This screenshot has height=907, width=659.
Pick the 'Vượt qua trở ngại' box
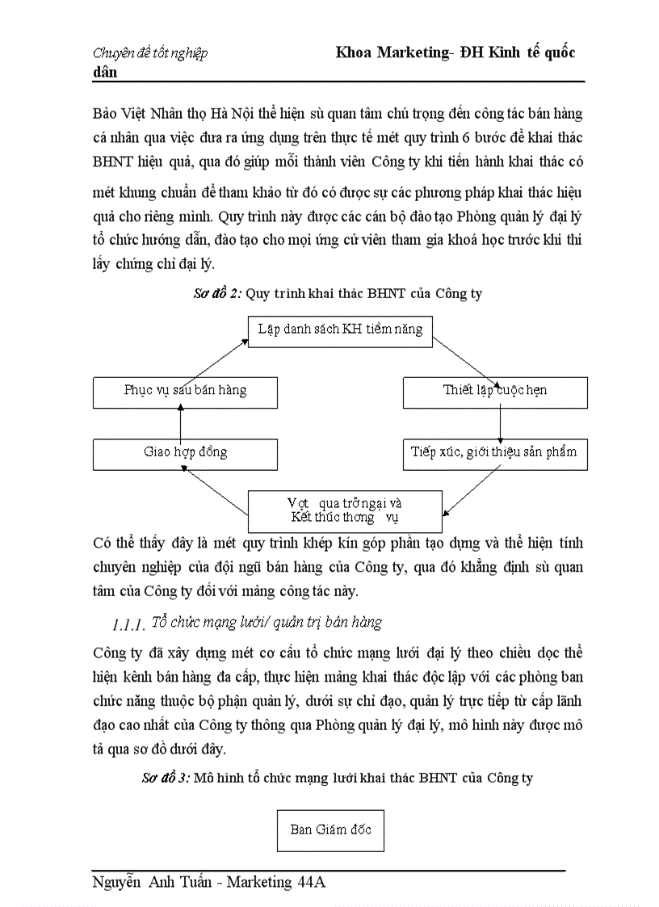coord(344,510)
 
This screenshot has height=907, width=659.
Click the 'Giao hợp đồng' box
coord(185,452)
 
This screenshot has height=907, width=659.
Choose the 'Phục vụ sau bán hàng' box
coord(185,391)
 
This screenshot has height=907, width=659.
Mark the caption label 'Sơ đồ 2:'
coord(218,294)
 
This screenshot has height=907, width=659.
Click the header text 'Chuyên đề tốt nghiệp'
coord(150,53)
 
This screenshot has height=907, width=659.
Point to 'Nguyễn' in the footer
coord(120,882)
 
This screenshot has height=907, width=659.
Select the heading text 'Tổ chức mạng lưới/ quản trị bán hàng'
coord(267,622)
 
